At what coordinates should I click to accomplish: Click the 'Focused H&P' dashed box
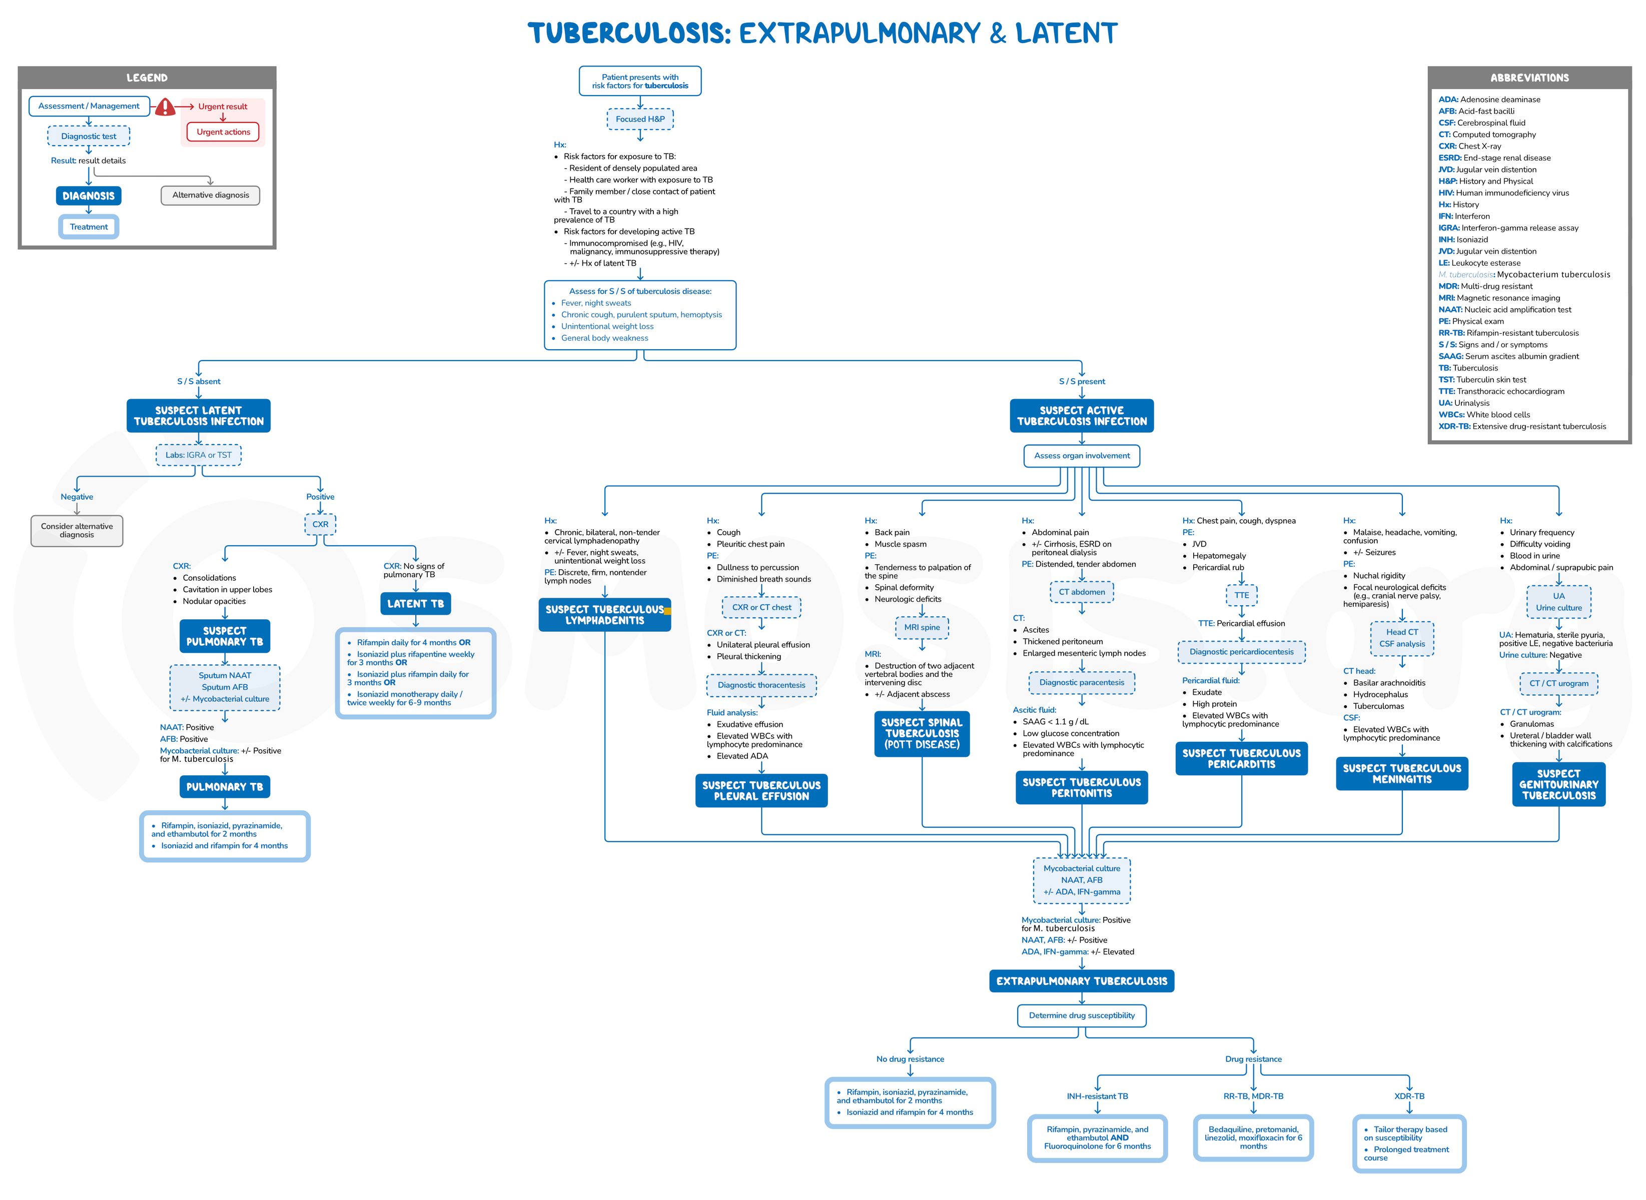tap(640, 119)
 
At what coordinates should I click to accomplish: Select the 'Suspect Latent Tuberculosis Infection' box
tap(198, 416)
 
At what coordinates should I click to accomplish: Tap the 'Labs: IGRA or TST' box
tap(198, 456)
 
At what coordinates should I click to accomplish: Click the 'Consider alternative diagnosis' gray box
tap(77, 530)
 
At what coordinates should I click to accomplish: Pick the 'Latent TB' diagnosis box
tap(415, 604)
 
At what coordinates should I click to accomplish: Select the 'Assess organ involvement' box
tap(1082, 456)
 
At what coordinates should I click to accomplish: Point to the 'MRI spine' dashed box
tap(922, 628)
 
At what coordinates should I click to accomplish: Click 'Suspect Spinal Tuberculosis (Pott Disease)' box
tap(922, 734)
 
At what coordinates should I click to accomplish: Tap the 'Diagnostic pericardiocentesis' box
tap(1241, 652)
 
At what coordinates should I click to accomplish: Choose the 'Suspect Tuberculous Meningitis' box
tap(1401, 774)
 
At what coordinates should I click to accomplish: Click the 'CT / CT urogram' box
tap(1559, 684)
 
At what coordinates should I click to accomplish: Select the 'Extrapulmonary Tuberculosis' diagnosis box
tap(1082, 981)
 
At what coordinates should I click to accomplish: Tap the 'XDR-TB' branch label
tap(1409, 1096)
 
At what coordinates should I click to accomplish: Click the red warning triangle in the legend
tap(165, 108)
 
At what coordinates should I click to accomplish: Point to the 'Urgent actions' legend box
tap(223, 132)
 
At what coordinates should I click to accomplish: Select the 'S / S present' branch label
tap(1082, 381)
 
